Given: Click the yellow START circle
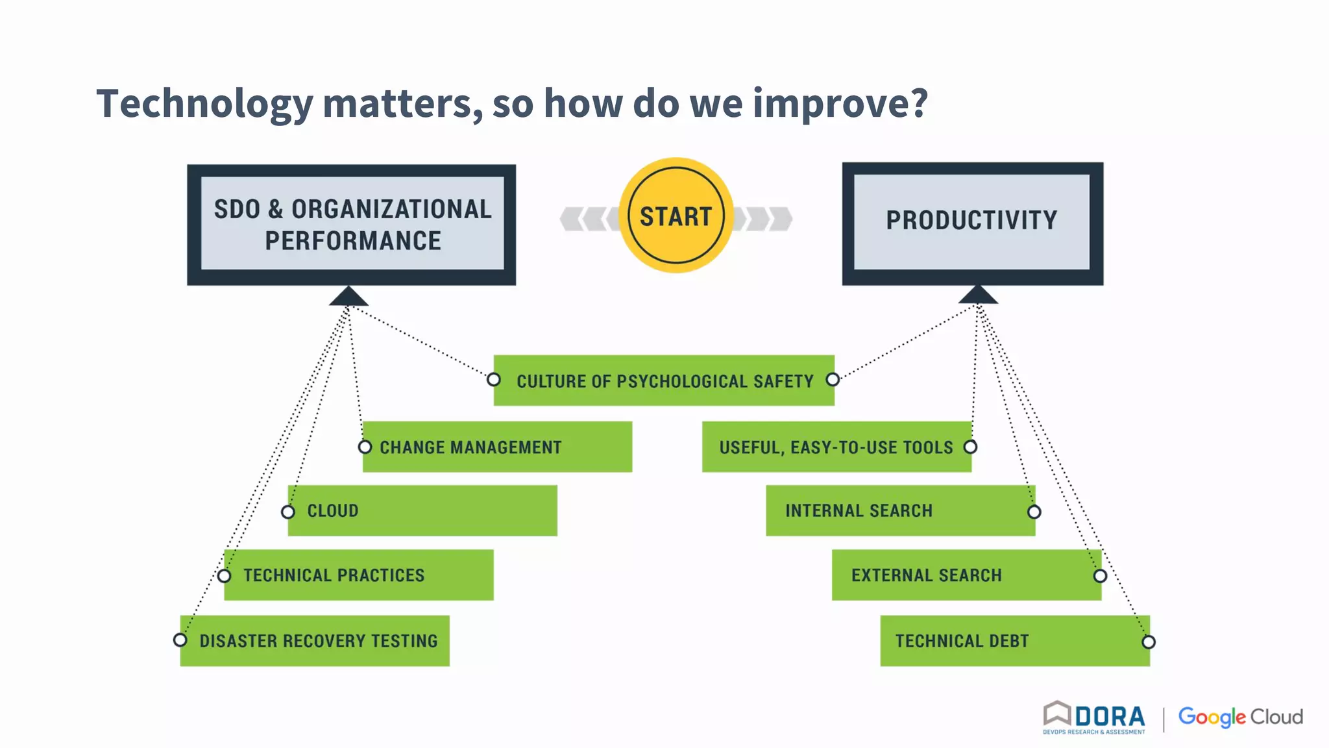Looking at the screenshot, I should pyautogui.click(x=676, y=216).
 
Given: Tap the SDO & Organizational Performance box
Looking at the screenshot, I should pyautogui.click(x=352, y=225).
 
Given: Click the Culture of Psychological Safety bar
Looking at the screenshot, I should pyautogui.click(x=664, y=380).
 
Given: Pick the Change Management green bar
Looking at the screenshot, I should pyautogui.click(x=497, y=447).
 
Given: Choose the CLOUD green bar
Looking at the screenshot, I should pyautogui.click(x=422, y=510).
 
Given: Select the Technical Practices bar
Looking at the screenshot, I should pyautogui.click(x=359, y=575).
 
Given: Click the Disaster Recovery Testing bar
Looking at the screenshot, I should pyautogui.click(x=315, y=641).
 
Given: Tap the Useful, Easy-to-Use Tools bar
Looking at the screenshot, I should pyautogui.click(x=836, y=447).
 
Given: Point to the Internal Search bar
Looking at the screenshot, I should pyautogui.click(x=900, y=510).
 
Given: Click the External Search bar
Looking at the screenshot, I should pyautogui.click(x=966, y=575).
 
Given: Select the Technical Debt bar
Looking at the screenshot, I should pyautogui.click(x=1014, y=641).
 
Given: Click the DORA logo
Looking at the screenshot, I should pyautogui.click(x=1094, y=717).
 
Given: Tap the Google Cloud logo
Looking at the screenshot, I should pyautogui.click(x=1240, y=717).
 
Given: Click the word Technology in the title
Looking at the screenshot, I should pyautogui.click(x=204, y=104).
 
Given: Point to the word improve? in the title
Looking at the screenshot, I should pyautogui.click(x=840, y=104).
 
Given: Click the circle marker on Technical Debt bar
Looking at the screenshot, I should pyautogui.click(x=1149, y=642).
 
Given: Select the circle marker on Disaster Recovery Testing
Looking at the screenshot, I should pyautogui.click(x=180, y=640).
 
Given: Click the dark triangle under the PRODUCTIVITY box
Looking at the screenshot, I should pyautogui.click(x=978, y=295).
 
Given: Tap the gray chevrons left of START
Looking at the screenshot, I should pyautogui.click(x=586, y=219).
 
